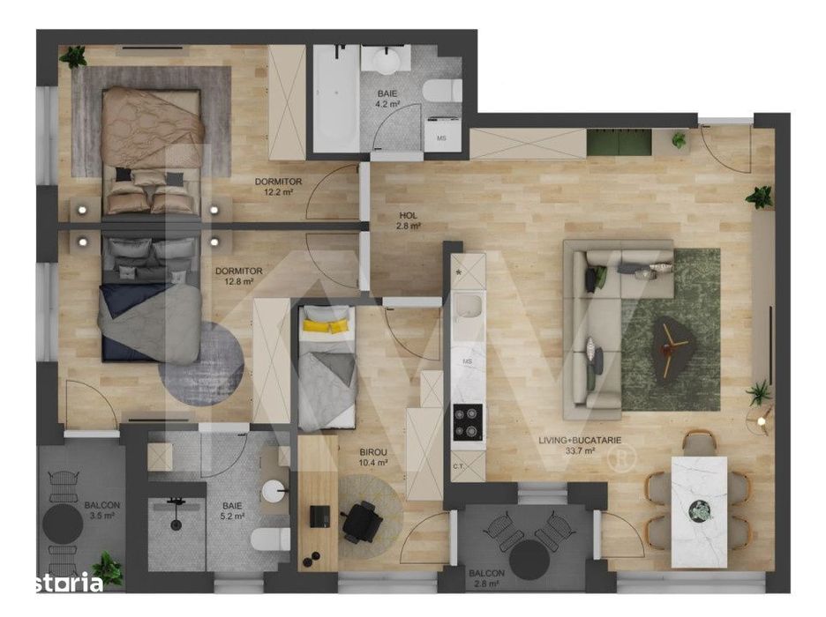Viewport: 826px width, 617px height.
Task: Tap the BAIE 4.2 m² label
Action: pyautogui.click(x=387, y=98)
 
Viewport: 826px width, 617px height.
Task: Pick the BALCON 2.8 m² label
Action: pyautogui.click(x=486, y=577)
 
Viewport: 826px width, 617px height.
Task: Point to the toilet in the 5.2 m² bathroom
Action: pyautogui.click(x=269, y=539)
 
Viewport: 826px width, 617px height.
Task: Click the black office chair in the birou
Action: pyautogui.click(x=362, y=520)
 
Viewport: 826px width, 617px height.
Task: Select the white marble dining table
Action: pyautogui.click(x=699, y=510)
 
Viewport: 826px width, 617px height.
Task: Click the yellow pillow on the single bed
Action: pyautogui.click(x=324, y=326)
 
